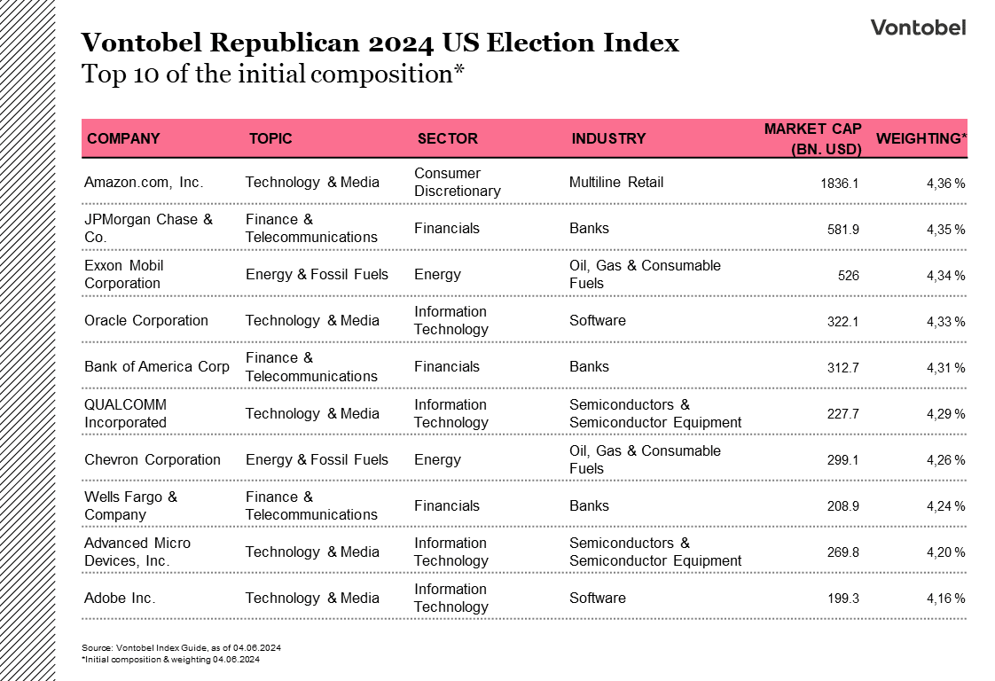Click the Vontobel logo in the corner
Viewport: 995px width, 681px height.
[918, 27]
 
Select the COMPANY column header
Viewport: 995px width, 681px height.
[123, 138]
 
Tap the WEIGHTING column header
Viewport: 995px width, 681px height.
[921, 138]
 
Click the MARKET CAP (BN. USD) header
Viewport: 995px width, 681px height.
[812, 139]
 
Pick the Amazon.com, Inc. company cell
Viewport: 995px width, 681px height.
[144, 183]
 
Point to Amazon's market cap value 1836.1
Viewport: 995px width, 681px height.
[839, 184]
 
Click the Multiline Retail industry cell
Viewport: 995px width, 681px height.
[615, 183]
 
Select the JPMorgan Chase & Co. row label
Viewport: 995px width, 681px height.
[148, 229]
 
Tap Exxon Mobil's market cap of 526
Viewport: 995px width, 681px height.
[848, 276]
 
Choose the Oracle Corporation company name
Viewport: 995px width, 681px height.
[146, 321]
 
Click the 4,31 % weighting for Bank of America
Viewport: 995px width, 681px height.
[945, 368]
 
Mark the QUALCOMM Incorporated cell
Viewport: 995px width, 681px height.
[125, 413]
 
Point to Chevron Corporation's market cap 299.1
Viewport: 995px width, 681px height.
[842, 460]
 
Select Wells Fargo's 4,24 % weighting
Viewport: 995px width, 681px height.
[945, 506]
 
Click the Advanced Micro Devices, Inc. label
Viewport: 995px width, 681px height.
[137, 552]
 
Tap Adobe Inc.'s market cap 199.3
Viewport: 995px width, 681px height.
[842, 599]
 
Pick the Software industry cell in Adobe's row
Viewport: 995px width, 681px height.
[597, 599]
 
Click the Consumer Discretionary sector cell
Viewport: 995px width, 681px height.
[457, 183]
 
